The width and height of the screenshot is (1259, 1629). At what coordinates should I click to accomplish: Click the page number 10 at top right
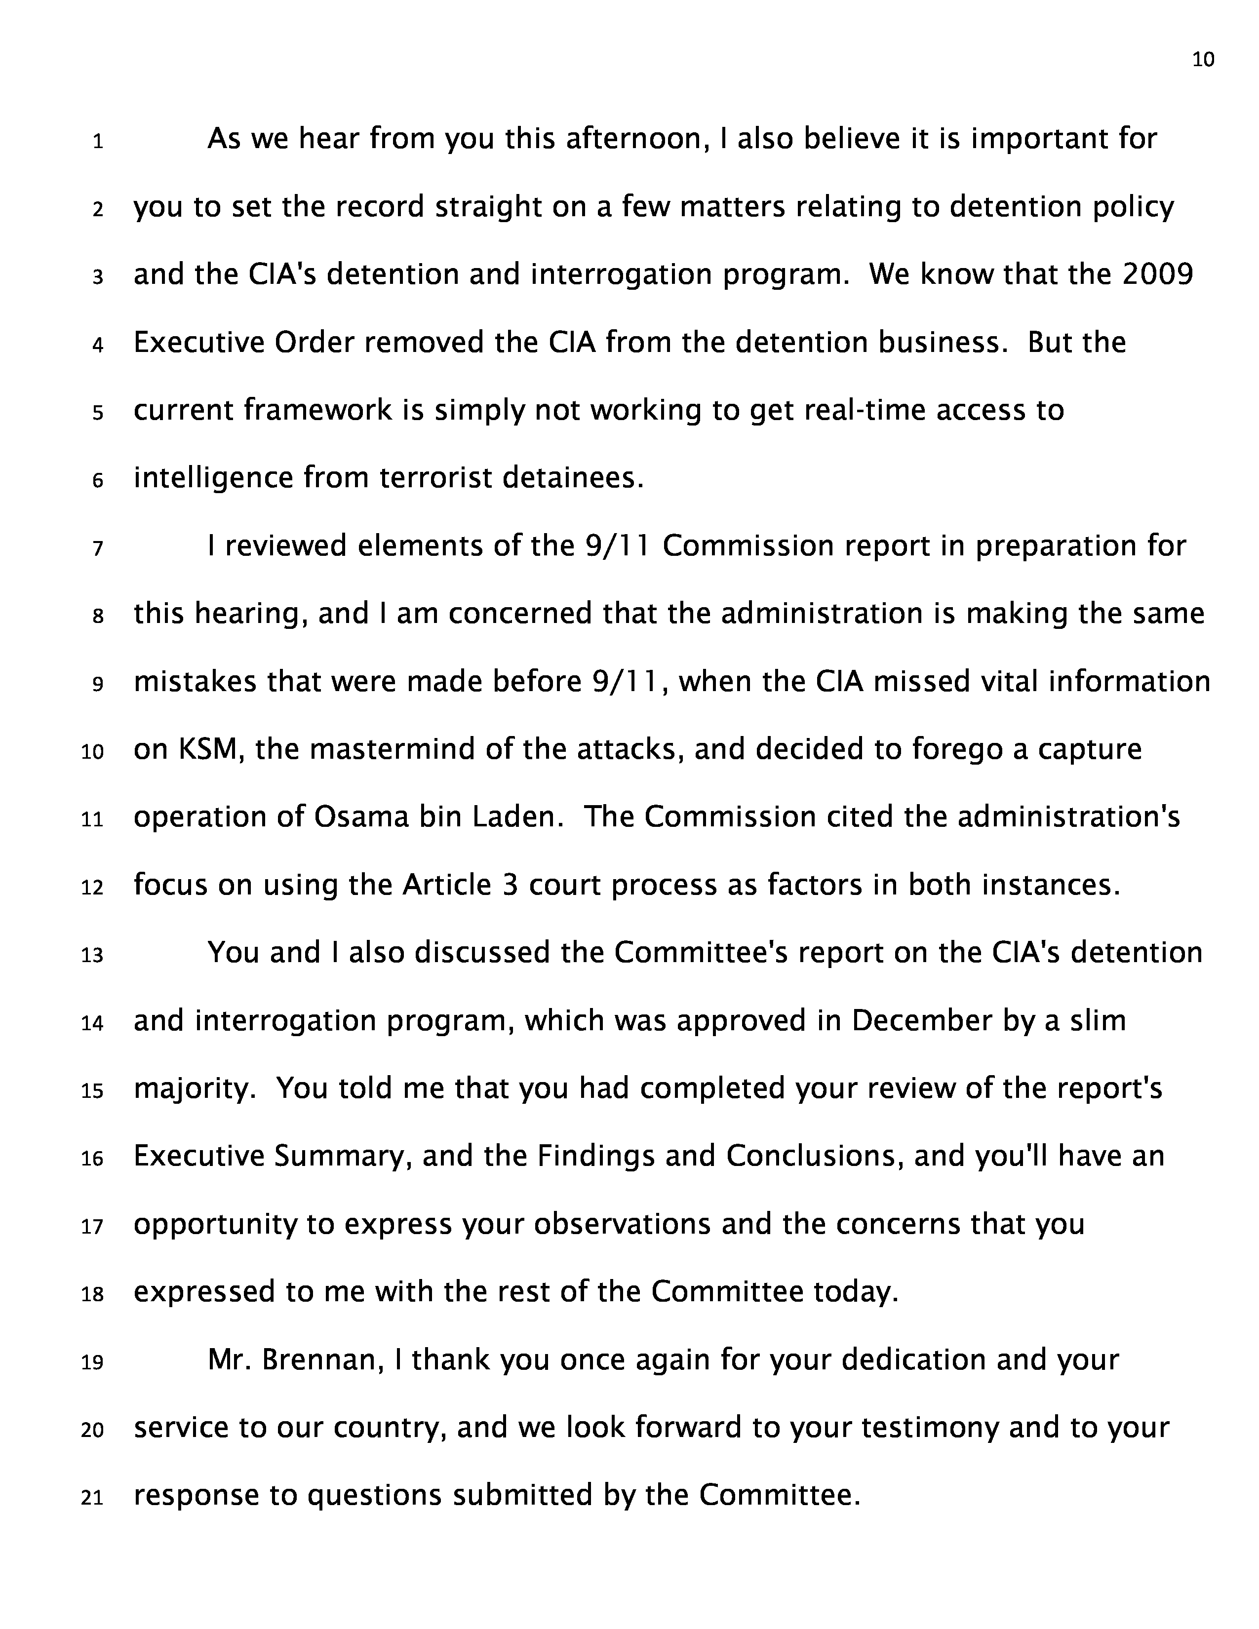click(1203, 60)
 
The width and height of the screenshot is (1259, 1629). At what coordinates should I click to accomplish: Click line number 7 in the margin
click(98, 549)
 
